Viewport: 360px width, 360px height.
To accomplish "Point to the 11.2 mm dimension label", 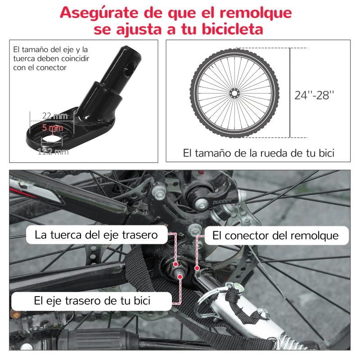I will tap(53, 152).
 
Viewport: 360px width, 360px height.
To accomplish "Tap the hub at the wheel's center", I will tap(234, 93).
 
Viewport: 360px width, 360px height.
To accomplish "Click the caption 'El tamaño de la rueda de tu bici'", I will tap(258, 153).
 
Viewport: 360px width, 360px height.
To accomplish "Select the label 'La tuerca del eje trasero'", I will tap(96, 235).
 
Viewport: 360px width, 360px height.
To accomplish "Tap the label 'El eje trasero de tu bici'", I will tap(92, 300).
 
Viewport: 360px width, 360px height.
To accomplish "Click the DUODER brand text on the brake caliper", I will tap(222, 202).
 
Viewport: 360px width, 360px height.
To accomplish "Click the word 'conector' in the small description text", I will tap(52, 67).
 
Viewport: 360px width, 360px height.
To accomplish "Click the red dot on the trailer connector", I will tap(197, 268).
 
